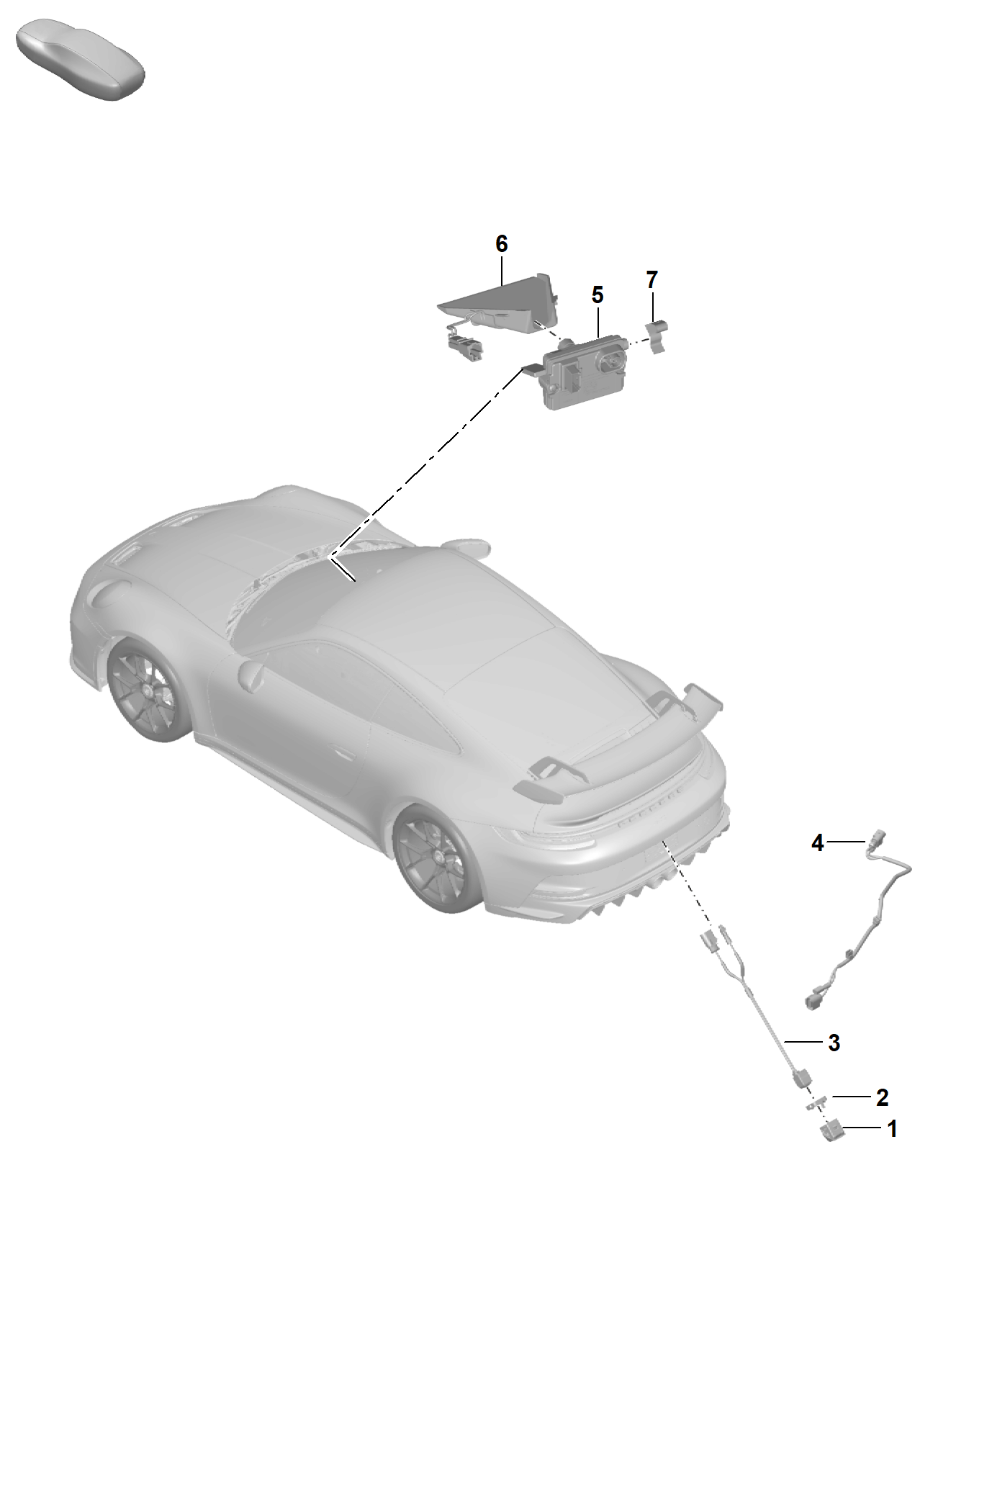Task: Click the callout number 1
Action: (892, 1128)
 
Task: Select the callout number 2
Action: (882, 1097)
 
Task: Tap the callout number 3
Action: (834, 1042)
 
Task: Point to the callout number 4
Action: (817, 842)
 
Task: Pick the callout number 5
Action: (597, 294)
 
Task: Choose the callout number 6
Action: (502, 244)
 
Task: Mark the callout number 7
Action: (651, 279)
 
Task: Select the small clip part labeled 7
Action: (656, 337)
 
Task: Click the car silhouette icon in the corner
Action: (81, 60)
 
